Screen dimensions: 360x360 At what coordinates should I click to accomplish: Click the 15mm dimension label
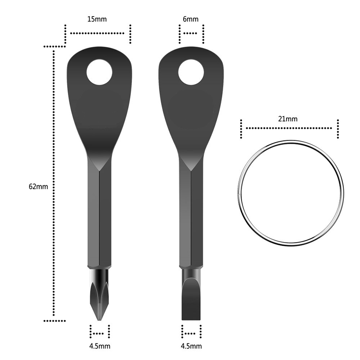tap(97, 19)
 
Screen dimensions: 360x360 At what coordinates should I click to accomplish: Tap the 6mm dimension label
tap(190, 19)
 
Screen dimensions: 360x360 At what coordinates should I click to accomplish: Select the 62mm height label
tap(38, 186)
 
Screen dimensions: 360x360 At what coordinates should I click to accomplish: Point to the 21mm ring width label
tap(288, 119)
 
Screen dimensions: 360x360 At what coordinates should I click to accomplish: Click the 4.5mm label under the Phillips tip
tap(99, 346)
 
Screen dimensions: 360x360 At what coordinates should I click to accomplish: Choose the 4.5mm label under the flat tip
tap(191, 346)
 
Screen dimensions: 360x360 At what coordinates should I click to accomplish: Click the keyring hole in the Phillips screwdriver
tap(99, 72)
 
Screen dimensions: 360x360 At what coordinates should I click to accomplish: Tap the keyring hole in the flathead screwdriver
tap(191, 72)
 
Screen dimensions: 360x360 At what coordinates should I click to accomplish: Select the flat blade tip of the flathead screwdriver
tap(191, 319)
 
